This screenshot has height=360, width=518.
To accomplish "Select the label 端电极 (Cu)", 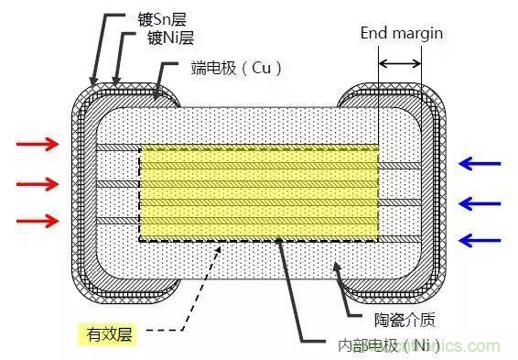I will point(234,68).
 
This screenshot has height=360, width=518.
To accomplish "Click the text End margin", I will point(402,33).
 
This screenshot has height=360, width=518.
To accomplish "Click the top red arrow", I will point(38,145).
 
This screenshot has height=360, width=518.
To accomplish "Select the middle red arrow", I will point(38,183).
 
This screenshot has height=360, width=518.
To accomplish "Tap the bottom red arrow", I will point(38,220).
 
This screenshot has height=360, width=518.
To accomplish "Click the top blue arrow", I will point(479,163).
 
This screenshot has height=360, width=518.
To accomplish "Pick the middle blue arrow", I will point(479,202).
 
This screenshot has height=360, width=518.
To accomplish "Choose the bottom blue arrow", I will point(479,241).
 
